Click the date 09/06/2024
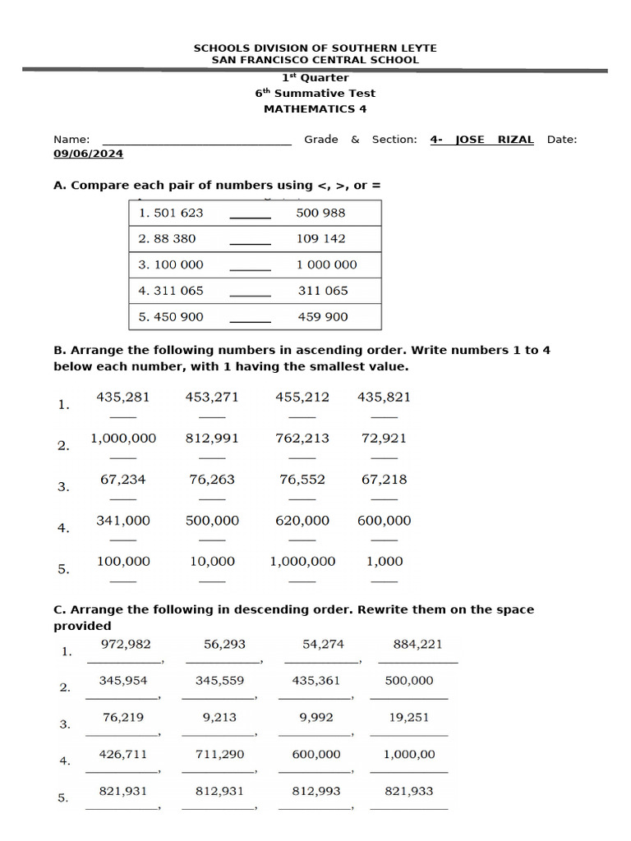88,154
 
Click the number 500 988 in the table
320,213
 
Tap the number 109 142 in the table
320,239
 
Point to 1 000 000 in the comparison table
326,264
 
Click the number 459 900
322,317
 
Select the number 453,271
212,398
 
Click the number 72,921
384,439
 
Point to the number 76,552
302,480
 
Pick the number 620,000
302,521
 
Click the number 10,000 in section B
212,562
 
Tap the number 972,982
126,645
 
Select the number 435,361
315,681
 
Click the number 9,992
316,717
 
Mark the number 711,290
219,754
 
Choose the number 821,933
409,792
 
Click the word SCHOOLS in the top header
219,48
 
